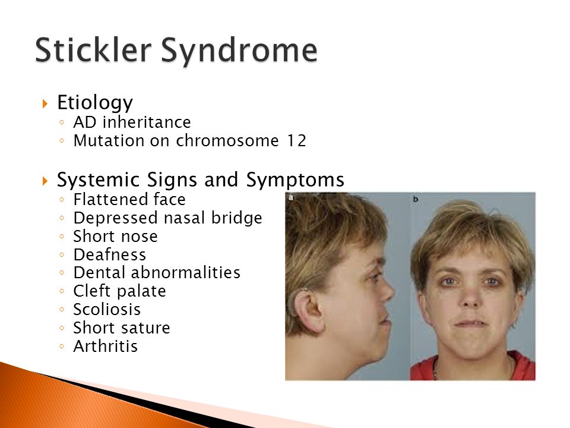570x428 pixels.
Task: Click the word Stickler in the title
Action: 93,49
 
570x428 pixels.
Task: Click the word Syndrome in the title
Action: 239,52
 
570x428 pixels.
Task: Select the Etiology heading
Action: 95,103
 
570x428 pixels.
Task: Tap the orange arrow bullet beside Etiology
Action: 45,103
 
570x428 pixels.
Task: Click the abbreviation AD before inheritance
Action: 85,122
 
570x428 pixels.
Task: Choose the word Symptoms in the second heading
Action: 295,180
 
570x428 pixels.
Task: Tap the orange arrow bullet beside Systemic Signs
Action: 45,181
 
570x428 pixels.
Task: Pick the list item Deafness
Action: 110,255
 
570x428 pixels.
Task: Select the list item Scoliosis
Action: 107,310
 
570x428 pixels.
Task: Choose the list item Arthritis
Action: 106,347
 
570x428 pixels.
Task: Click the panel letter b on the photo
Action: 416,199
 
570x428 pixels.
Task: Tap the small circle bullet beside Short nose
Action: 62,237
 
